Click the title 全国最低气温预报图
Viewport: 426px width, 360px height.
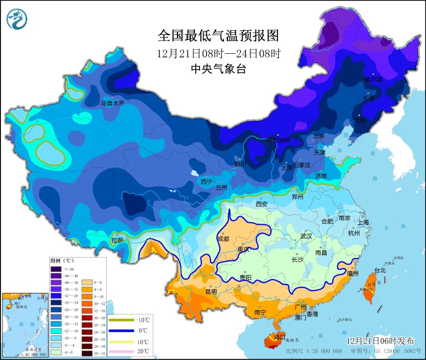pos(218,35)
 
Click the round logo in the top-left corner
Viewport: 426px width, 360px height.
pos(17,19)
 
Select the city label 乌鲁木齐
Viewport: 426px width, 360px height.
pos(112,103)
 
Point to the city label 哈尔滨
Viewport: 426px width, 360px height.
pos(373,79)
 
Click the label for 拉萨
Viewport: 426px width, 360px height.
pos(117,240)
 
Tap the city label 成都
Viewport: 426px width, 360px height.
pos(224,238)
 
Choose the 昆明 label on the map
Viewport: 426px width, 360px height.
pos(211,292)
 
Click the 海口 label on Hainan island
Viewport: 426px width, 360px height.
pos(279,337)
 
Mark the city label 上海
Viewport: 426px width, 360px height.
pos(363,222)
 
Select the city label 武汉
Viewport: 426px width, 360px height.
pos(307,236)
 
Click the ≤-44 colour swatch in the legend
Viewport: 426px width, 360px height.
pos(56,269)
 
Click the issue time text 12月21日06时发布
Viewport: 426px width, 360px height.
pos(379,341)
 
